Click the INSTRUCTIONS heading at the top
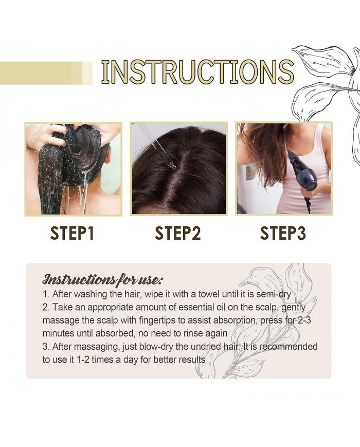pyautogui.click(x=197, y=71)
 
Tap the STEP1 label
pyautogui.click(x=72, y=233)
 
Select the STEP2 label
pyautogui.click(x=178, y=233)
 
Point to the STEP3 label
pyautogui.click(x=283, y=233)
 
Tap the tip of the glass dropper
pyautogui.click(x=172, y=165)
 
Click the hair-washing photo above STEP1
pyautogui.click(x=74, y=169)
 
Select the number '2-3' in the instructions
pyautogui.click(x=304, y=320)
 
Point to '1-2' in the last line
pyautogui.click(x=83, y=360)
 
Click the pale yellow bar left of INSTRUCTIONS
pyautogui.click(x=46, y=73)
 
